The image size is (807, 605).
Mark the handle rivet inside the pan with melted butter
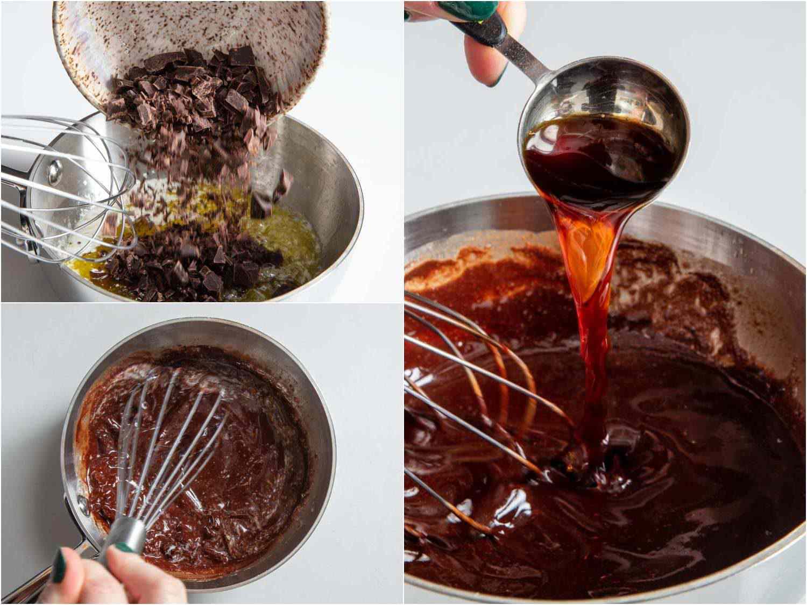pos(54,171)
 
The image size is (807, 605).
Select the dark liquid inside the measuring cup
pos(592,161)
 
